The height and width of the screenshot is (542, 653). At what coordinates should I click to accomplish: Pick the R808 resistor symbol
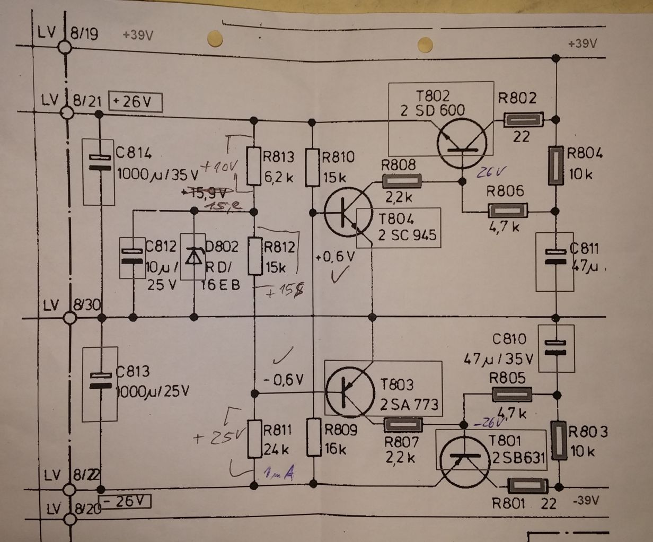402,182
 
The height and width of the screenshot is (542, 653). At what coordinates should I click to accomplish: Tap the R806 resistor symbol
507,211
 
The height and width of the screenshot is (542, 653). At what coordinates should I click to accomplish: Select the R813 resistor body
255,168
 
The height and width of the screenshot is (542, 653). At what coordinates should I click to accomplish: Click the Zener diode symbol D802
195,257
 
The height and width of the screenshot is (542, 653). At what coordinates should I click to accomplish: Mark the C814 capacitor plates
99,163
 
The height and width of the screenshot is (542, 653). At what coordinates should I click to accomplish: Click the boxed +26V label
135,101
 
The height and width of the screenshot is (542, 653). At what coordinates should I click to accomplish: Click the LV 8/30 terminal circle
69,318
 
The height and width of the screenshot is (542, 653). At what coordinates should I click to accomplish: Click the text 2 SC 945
408,234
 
